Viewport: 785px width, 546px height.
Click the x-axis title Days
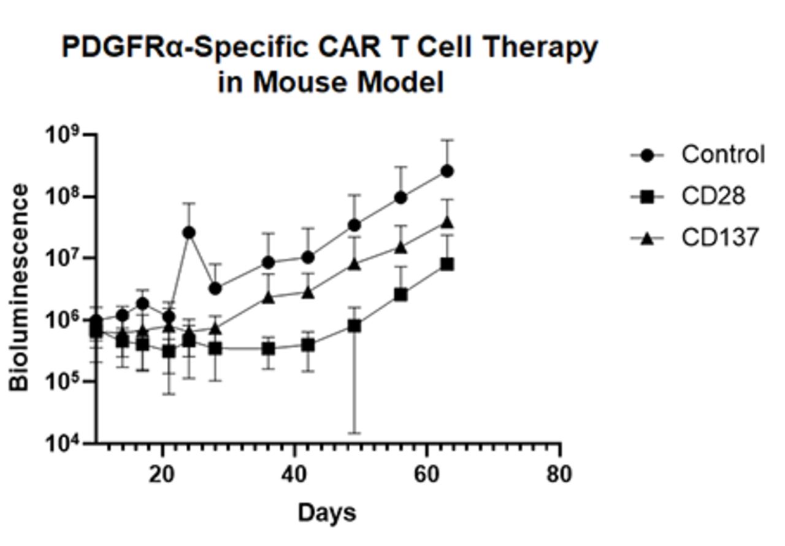326,513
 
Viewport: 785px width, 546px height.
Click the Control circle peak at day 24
189,233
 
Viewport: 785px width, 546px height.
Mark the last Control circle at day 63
447,171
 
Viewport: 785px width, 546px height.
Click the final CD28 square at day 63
447,264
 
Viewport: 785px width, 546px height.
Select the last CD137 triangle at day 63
447,222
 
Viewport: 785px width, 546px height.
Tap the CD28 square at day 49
354,326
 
